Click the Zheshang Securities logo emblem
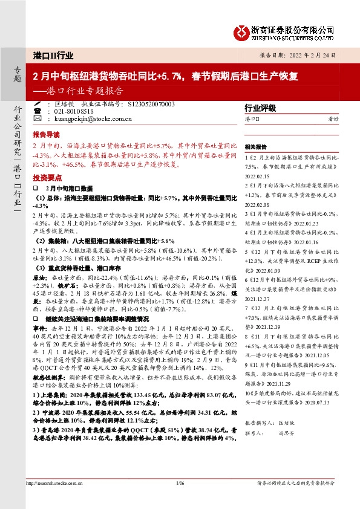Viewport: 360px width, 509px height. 242,30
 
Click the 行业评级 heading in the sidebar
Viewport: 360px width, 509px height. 259,108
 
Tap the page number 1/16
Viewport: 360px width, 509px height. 180,483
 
